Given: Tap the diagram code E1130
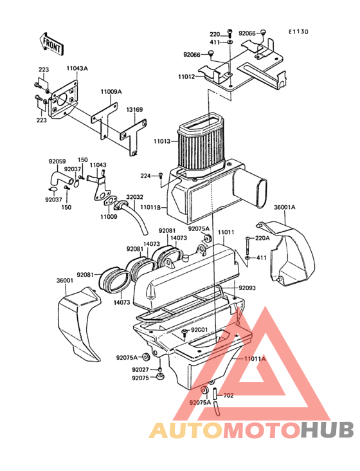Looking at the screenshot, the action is click(x=298, y=32).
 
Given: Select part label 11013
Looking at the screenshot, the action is click(x=162, y=141).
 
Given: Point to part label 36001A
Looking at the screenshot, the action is click(x=284, y=207).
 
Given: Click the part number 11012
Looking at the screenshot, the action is click(x=186, y=77).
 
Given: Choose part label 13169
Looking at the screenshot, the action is click(x=134, y=109).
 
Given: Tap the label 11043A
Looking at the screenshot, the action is click(x=77, y=68).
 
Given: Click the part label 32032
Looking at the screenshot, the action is click(x=135, y=197).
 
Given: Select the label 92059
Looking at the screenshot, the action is click(x=57, y=162).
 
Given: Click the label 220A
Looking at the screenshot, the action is click(x=262, y=238).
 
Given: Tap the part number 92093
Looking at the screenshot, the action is click(x=248, y=288).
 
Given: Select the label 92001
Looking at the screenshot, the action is click(x=199, y=330).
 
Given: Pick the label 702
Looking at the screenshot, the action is click(x=229, y=396).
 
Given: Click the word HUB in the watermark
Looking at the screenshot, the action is click(x=328, y=430).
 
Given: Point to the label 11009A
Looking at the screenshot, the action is click(x=111, y=91).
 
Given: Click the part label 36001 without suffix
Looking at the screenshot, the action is click(x=65, y=281).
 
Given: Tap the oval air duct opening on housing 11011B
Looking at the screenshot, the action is click(x=262, y=192).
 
